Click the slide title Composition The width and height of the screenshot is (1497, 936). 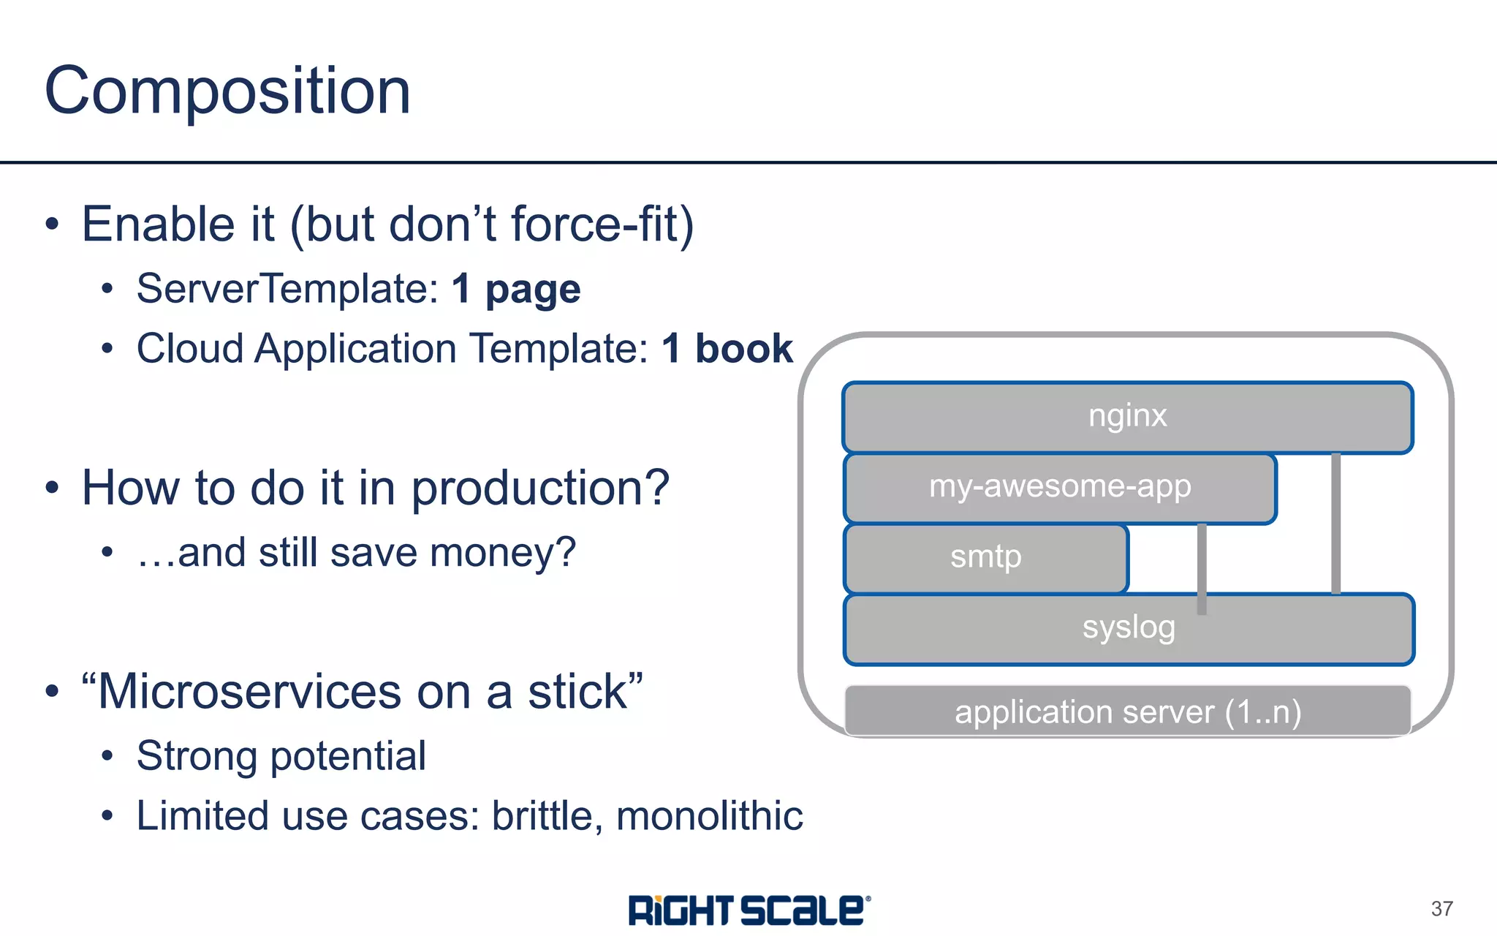[227, 91]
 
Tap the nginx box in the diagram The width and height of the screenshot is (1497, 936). [1127, 417]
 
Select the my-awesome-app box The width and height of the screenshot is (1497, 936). [1060, 487]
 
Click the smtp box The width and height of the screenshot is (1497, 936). [985, 557]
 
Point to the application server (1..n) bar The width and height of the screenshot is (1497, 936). [1127, 712]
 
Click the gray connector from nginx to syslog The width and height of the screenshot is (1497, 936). [1335, 523]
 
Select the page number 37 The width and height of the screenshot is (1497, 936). [1441, 908]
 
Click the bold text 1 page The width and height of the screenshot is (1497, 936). [516, 289]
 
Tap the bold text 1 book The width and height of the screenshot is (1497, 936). [727, 349]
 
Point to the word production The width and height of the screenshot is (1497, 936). [539, 488]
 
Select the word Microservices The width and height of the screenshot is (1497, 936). [249, 692]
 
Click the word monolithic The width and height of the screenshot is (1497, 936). [709, 816]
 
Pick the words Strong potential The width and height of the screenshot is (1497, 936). [281, 756]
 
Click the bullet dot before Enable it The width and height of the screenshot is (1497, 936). [51, 224]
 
